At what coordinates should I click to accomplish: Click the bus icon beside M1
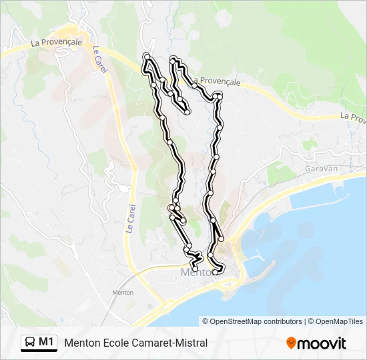pos(30,343)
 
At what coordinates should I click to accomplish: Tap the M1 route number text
pos(46,343)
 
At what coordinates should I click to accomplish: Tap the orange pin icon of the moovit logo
pos(291,343)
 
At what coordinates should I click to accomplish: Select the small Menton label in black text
pos(123,293)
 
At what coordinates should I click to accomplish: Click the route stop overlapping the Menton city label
pos(215,272)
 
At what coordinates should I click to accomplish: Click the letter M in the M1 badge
pos(43,343)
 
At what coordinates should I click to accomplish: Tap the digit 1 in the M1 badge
pos(51,343)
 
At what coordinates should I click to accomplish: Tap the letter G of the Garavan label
pos(306,169)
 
